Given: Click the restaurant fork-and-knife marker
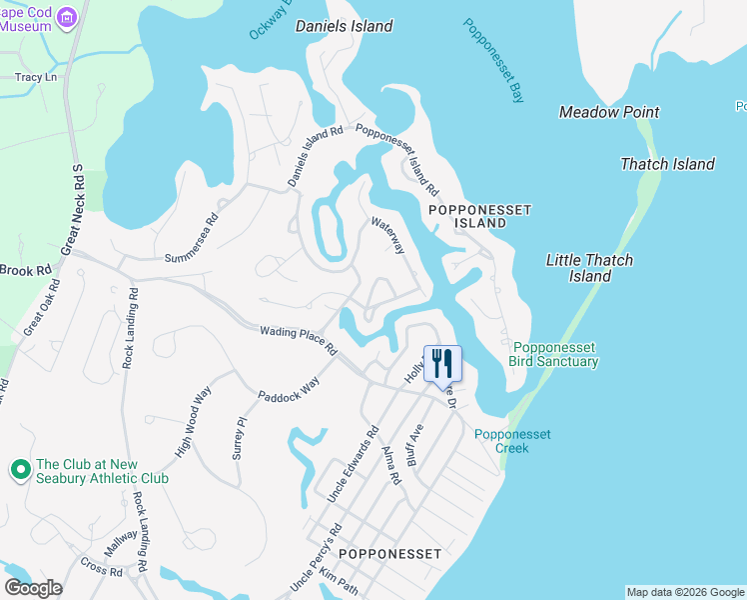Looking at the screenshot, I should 443,363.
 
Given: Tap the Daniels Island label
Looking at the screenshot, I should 345,27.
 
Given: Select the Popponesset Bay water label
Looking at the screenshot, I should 494,61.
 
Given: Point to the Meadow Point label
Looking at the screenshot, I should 609,112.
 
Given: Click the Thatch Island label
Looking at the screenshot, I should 667,164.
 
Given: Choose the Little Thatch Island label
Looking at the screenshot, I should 589,268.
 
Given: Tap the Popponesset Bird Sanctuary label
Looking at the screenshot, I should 553,354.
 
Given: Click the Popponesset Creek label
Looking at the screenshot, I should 512,441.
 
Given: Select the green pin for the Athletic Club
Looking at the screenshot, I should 19,469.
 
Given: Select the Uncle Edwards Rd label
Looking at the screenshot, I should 353,465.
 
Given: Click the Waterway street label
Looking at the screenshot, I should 387,235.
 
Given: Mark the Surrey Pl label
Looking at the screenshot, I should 239,438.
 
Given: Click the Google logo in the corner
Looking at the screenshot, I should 33,588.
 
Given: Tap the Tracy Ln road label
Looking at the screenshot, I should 35,77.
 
